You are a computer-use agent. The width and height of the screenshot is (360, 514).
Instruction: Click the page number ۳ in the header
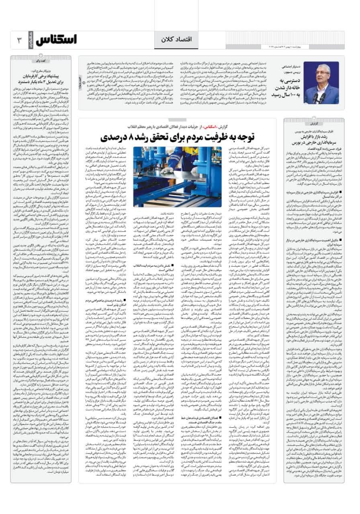(18, 40)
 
